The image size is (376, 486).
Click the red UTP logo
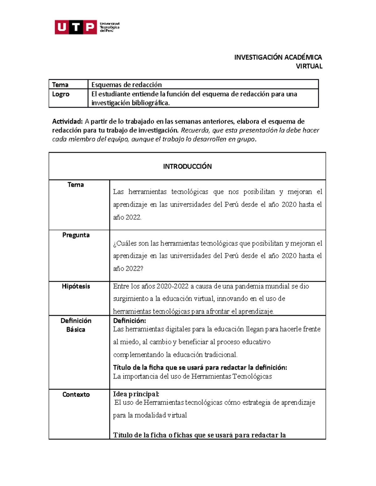coord(76,27)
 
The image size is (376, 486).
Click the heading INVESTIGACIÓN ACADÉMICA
coord(278,57)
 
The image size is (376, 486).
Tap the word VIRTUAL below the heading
coord(309,66)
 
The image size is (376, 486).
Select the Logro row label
coord(61,94)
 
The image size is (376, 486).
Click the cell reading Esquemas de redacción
coord(127,84)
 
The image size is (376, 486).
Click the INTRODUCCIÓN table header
coord(187,166)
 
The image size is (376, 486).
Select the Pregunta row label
coord(76,235)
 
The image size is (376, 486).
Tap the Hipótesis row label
coord(76,286)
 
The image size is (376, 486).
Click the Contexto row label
coord(76,394)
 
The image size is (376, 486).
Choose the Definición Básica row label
coord(76,325)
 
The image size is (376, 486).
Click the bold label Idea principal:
coord(136,394)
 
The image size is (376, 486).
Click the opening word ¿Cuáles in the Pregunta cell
coord(125,243)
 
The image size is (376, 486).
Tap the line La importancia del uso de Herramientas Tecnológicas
coord(192,376)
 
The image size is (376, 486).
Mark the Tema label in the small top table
coord(60,85)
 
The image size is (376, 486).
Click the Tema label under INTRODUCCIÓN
coord(76,185)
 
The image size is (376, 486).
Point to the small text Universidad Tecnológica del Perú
coord(109,27)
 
